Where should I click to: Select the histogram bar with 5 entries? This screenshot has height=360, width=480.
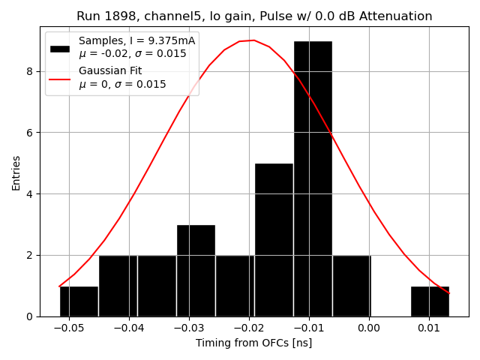click(274, 240)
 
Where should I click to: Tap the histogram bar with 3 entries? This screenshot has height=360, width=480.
click(196, 271)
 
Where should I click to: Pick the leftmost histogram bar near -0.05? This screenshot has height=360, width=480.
click(79, 301)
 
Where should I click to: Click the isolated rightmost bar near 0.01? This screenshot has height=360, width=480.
click(430, 301)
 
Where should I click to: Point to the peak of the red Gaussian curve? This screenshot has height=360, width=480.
click(253, 40)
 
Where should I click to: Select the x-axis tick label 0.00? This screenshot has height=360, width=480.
click(369, 328)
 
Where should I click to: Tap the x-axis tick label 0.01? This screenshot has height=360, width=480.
click(429, 328)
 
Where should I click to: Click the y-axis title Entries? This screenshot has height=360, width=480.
click(16, 172)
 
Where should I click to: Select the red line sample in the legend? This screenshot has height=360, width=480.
click(60, 78)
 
